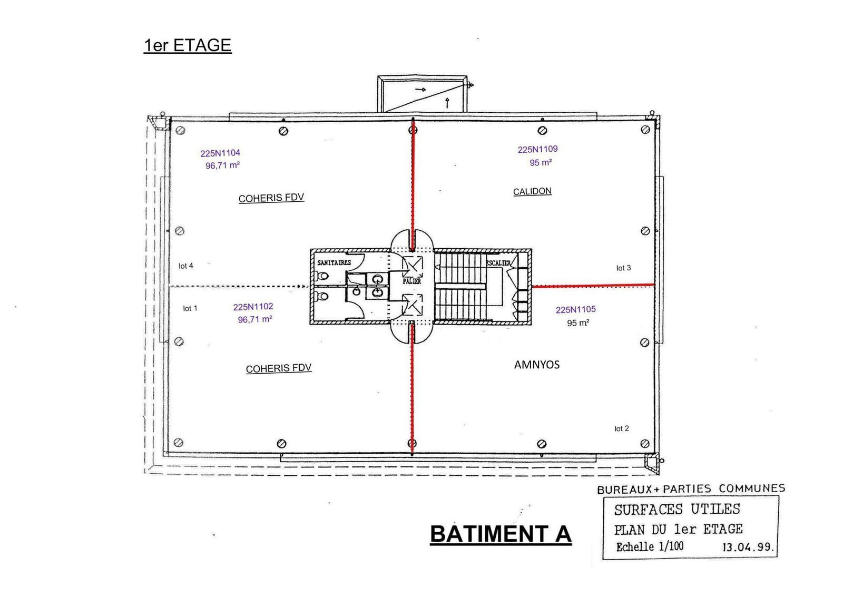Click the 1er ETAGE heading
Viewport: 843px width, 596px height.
click(x=188, y=45)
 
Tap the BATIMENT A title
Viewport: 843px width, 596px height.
click(x=501, y=534)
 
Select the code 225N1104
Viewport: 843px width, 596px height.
click(x=220, y=153)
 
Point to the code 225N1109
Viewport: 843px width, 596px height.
click(x=537, y=150)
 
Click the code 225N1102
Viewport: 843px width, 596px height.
click(x=253, y=307)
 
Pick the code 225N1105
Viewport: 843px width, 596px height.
click(x=575, y=310)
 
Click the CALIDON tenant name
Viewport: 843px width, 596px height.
click(x=532, y=191)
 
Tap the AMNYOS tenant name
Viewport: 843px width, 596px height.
click(x=536, y=365)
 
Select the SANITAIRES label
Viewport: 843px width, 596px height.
click(x=334, y=262)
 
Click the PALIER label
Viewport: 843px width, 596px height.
click(x=412, y=281)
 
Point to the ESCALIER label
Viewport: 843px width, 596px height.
click(x=498, y=262)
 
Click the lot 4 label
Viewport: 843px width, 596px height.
click(x=185, y=266)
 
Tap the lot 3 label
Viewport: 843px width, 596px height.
click(x=623, y=268)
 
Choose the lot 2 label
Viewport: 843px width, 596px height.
click(x=621, y=428)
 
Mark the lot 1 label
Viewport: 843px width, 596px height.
click(x=190, y=308)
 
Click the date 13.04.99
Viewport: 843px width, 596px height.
click(x=748, y=547)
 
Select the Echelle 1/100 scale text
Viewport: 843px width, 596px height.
click(x=650, y=546)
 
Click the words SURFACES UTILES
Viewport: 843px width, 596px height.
click(x=677, y=510)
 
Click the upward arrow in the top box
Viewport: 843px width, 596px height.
click(x=447, y=102)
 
